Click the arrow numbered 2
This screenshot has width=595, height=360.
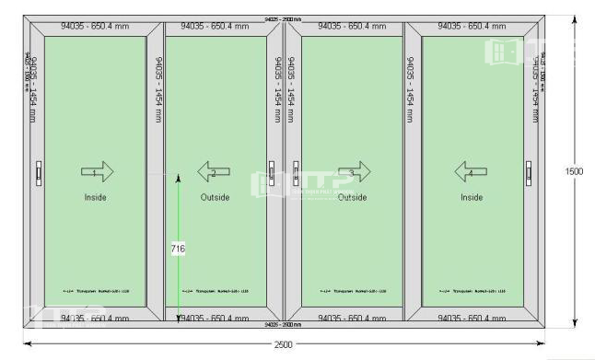coord(214,172)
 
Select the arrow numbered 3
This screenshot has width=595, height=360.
coord(353,172)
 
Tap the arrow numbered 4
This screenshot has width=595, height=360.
coord(470,172)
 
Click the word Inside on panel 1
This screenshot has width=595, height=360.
coord(96,197)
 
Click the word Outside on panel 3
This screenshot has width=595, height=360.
coord(352,197)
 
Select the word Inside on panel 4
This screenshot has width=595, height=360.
coord(472,197)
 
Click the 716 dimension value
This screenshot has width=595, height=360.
coord(179,249)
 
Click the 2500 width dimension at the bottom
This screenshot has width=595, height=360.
coord(284,344)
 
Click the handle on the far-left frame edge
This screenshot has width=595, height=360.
coord(39,172)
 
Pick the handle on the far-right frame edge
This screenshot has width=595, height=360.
coord(529,172)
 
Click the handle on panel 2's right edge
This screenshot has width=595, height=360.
coord(273,172)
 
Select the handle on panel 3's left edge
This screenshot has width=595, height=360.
coord(296,172)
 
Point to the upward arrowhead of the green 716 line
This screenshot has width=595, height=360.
coord(179,179)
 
